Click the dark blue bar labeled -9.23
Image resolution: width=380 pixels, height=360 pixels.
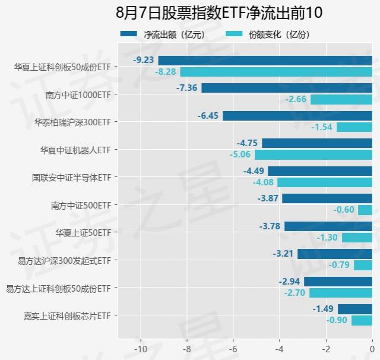pyautogui.click(x=265, y=60)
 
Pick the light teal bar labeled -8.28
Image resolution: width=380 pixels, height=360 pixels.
pyautogui.click(x=276, y=72)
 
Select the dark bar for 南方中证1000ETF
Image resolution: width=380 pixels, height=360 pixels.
pyautogui.click(x=287, y=88)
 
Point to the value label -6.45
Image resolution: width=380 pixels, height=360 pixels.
pyautogui.click(x=208, y=115)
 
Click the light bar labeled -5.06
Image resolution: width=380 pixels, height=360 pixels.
pyautogui.click(x=313, y=154)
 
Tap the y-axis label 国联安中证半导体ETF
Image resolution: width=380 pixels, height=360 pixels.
pyautogui.click(x=71, y=177)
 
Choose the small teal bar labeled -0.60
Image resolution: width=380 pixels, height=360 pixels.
pyautogui.click(x=365, y=210)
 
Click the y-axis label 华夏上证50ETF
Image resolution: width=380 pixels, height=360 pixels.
pyautogui.click(x=83, y=232)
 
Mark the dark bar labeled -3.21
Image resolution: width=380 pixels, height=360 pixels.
pyautogui.click(x=335, y=254)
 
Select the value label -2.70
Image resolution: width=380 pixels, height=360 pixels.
pyautogui.click(x=295, y=293)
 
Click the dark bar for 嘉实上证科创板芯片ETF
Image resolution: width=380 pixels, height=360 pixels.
pyautogui.click(x=355, y=309)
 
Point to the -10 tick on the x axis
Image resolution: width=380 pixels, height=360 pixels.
pyautogui.click(x=141, y=348)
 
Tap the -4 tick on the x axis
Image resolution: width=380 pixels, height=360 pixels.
pyautogui.click(x=280, y=348)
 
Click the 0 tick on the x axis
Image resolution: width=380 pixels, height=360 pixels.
pyautogui.click(x=372, y=348)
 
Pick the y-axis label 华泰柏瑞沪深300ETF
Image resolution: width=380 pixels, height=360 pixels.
pyautogui.click(x=73, y=122)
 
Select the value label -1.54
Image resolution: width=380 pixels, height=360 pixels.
pyautogui.click(x=322, y=127)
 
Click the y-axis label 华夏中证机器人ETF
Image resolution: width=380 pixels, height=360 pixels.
pyautogui.click(x=75, y=150)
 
